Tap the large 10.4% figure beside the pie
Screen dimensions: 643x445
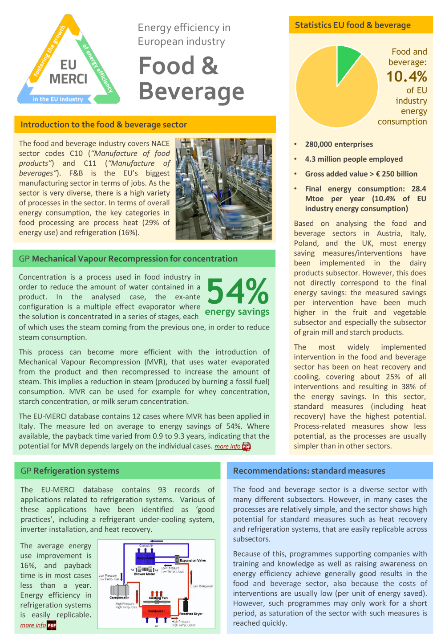pyautogui.click(x=406, y=77)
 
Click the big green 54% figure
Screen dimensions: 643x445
pyautogui.click(x=238, y=292)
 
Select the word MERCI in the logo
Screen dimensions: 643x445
pyautogui.click(x=68, y=79)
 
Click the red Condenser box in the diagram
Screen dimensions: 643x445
pyautogui.click(x=156, y=611)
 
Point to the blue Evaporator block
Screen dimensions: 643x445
pyautogui.click(x=145, y=558)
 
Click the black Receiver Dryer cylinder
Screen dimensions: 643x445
pyautogui.click(x=186, y=605)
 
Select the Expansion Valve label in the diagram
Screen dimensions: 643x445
pyautogui.click(x=193, y=560)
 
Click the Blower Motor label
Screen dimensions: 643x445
pyautogui.click(x=145, y=574)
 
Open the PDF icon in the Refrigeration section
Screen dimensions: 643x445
pyautogui.click(x=52, y=625)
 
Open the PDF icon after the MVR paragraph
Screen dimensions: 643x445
pyautogui.click(x=247, y=447)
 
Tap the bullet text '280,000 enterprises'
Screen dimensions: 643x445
pyautogui.click(x=339, y=144)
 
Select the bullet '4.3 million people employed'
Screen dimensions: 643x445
pyautogui.click(x=353, y=159)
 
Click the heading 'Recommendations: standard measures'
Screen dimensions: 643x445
pyautogui.click(x=309, y=471)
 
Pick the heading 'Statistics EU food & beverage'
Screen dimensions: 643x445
pyautogui.click(x=352, y=25)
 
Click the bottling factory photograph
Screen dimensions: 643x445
pyautogui.click(x=223, y=189)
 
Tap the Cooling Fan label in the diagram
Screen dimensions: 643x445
pyautogui.click(x=158, y=598)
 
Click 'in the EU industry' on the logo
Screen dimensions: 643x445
pyautogui.click(x=58, y=99)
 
